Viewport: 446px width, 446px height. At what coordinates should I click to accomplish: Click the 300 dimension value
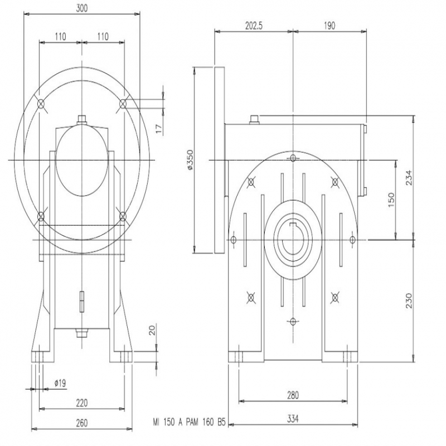(82, 8)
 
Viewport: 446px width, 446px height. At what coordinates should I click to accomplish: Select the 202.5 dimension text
(254, 26)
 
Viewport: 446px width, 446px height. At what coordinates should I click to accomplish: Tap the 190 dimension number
(329, 26)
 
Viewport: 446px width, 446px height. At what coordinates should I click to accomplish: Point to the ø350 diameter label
(190, 160)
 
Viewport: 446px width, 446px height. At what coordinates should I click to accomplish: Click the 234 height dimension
(409, 177)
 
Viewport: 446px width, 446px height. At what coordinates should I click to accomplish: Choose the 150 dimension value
(391, 200)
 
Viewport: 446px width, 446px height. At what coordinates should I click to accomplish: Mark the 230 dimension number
(409, 300)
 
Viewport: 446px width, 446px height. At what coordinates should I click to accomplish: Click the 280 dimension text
(293, 395)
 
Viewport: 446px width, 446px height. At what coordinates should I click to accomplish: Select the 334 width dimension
(293, 419)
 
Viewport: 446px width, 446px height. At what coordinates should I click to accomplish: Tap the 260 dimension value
(82, 423)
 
